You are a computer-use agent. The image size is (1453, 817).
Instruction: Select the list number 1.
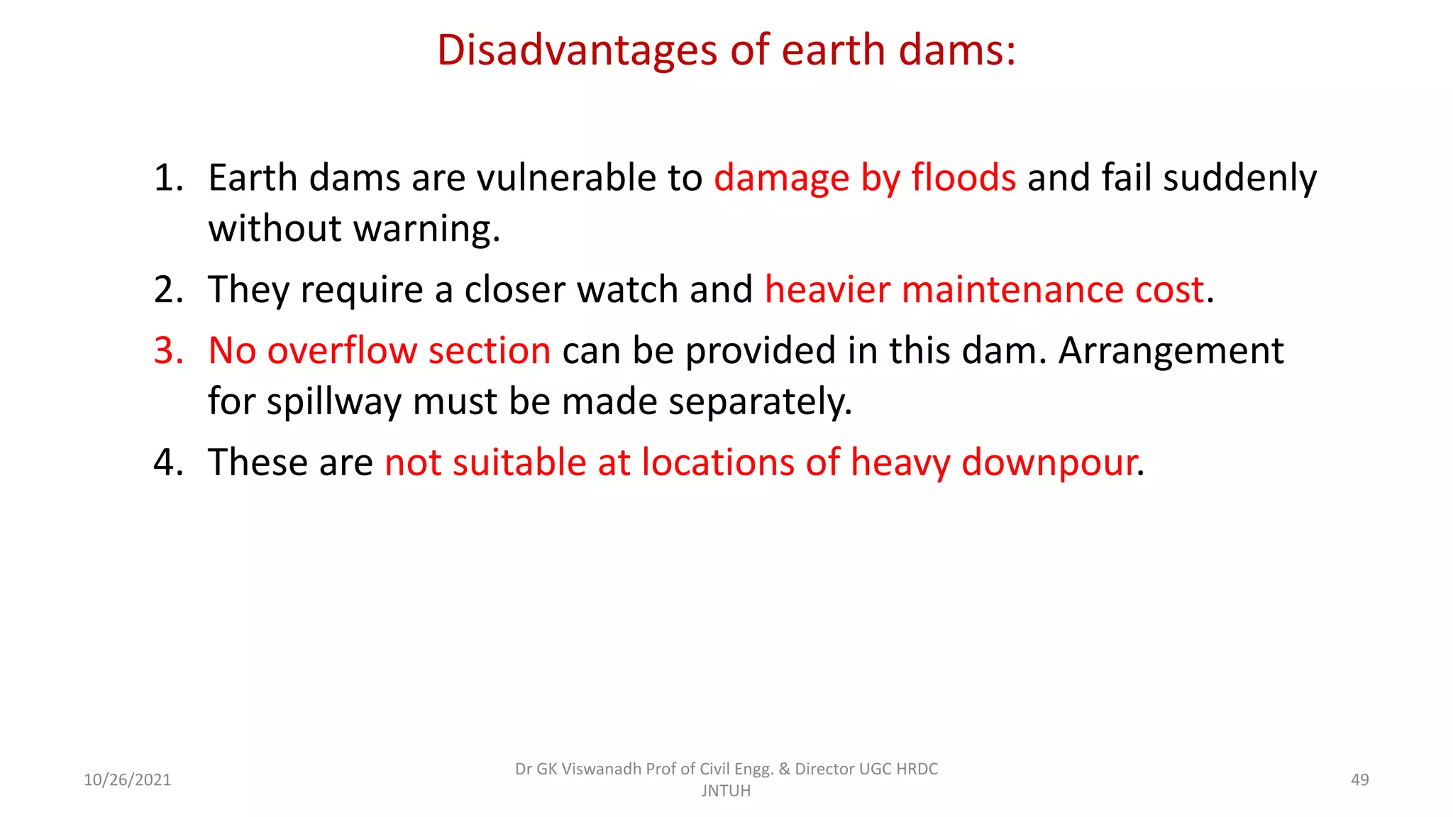click(167, 177)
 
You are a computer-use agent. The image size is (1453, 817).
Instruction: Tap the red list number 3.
click(168, 350)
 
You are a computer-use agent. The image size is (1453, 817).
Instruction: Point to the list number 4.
click(168, 462)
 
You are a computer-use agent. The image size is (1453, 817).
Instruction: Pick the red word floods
click(963, 177)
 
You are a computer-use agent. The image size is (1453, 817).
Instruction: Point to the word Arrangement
click(1171, 350)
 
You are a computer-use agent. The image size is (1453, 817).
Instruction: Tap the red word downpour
click(1049, 462)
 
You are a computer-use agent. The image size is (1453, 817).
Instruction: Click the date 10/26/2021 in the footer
click(128, 780)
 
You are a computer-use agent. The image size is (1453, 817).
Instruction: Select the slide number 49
click(1359, 780)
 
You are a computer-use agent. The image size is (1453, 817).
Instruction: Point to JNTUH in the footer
click(726, 791)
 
